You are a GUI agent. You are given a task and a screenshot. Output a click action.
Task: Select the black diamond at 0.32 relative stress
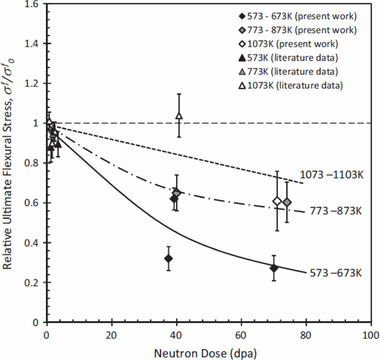168,258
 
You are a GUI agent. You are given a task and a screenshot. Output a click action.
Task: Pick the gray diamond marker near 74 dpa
287,202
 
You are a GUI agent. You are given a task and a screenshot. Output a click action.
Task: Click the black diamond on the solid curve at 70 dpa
274,268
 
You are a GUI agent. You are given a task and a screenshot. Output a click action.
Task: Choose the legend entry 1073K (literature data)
290,86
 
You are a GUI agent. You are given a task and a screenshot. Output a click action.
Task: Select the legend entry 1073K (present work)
288,44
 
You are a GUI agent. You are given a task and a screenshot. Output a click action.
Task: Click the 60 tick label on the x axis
241,334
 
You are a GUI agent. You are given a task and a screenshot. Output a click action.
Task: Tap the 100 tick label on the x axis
370,334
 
